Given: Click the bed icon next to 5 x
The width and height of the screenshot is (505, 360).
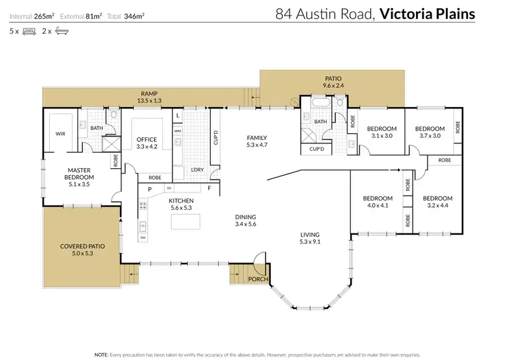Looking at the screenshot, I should (29, 31).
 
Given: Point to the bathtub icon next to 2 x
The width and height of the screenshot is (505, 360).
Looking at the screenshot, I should (61, 31).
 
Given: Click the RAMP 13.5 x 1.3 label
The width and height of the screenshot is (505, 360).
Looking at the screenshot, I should (149, 97).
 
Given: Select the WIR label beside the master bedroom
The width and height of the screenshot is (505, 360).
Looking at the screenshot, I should (60, 133).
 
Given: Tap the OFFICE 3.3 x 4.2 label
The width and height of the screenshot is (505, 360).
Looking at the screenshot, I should (147, 143).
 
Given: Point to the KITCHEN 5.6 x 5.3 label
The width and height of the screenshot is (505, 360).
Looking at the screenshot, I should (181, 205).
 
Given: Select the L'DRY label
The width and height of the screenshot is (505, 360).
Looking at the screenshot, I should (197, 169).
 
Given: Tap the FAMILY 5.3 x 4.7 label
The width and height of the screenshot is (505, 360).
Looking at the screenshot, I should (257, 141).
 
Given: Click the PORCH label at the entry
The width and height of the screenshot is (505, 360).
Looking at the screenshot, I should (258, 279).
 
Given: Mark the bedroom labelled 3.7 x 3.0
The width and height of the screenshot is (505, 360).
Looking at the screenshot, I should (430, 132).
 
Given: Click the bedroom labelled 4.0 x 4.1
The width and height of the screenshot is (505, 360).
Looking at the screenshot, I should (377, 202).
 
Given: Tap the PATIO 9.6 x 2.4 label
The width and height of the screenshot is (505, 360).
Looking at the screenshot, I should (333, 83).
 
